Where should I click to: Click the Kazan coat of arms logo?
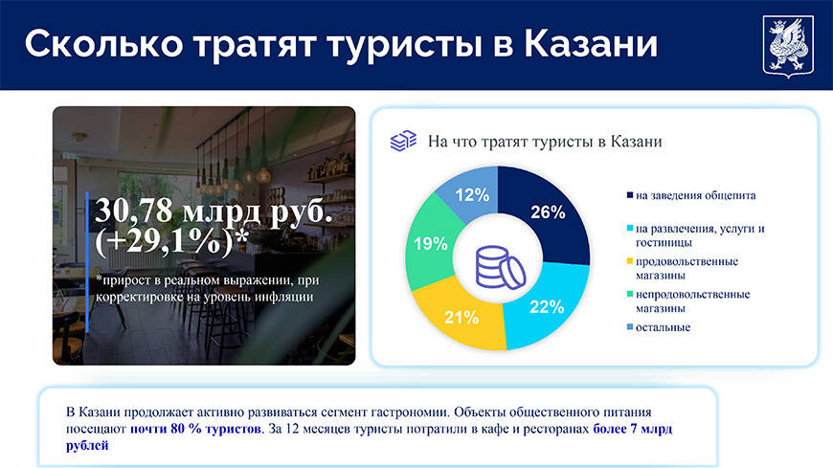point(788,47)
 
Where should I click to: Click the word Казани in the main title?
point(591,44)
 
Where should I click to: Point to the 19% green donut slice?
point(429,243)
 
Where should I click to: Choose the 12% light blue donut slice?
point(472,194)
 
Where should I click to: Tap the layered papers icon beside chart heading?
point(403,141)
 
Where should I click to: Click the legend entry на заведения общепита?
point(691,195)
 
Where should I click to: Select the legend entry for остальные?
point(659,327)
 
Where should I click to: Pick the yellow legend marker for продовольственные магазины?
point(630,261)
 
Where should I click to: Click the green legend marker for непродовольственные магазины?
point(630,294)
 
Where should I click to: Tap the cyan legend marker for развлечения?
point(630,229)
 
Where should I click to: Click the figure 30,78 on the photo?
point(134,211)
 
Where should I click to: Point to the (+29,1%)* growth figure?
point(171,241)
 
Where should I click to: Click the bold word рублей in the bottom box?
point(87,445)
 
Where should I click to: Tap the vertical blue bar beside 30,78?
point(87,262)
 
